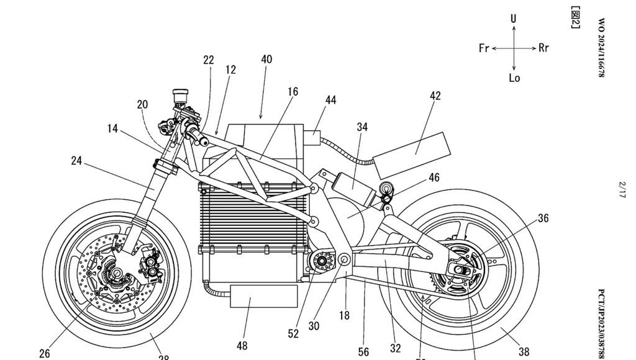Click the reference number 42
[x=435, y=96]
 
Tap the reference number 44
[x=330, y=99]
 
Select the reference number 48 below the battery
[x=241, y=346]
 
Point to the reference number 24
[x=76, y=161]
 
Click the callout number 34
[x=362, y=127]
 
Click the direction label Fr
[x=484, y=48]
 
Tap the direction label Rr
[x=543, y=48]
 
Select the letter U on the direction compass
[x=514, y=19]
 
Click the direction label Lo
[x=514, y=78]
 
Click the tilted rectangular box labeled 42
[x=411, y=148]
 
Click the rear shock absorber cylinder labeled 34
[x=353, y=182]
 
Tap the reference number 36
[x=543, y=218]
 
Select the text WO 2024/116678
[x=601, y=47]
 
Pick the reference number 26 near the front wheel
[x=44, y=354]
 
